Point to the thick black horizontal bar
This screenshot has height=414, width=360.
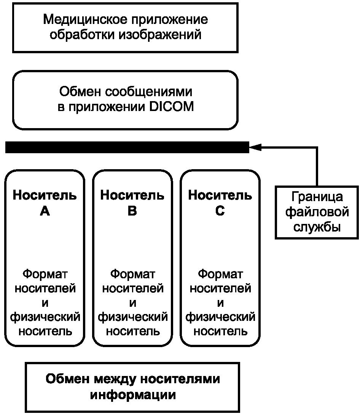coord(126,147)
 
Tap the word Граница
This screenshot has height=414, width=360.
coord(317,197)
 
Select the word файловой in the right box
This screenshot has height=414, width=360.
coord(317,212)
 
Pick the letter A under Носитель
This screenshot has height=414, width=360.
coord(45,211)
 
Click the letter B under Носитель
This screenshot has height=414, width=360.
coord(132,211)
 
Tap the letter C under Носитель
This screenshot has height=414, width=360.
coord(220,211)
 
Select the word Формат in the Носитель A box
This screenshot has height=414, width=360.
coord(45,274)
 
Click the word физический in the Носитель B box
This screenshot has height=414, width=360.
coord(133,317)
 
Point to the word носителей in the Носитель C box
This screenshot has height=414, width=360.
coord(220,288)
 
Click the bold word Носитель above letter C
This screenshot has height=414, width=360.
coord(220,195)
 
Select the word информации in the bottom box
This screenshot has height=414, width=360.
coord(133,395)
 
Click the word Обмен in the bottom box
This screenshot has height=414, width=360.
coord(67,379)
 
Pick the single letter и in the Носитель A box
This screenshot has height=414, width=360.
coord(45,303)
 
